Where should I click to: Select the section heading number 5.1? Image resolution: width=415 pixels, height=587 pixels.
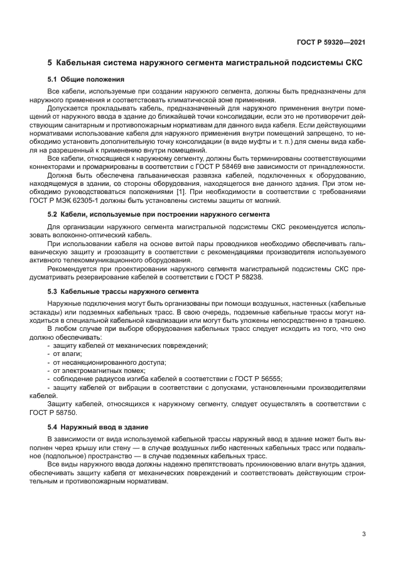click(x=53, y=79)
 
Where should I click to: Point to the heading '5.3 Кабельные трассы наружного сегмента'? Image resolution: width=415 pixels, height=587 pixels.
click(x=123, y=291)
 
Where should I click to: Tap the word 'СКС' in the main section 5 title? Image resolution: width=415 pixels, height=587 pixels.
click(x=353, y=63)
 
